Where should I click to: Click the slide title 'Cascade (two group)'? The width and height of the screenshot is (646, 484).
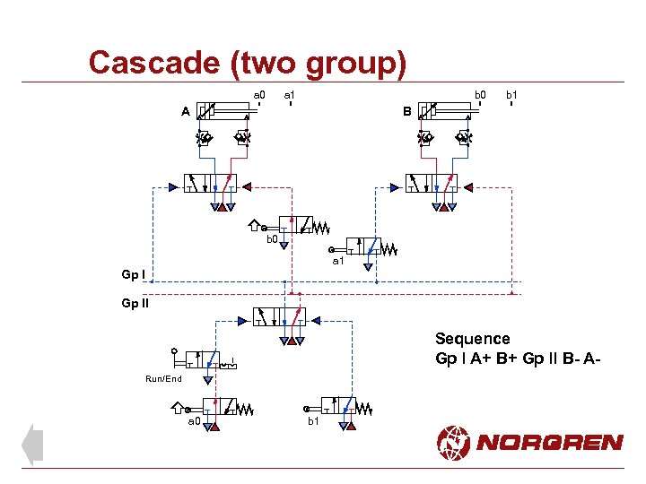tap(248, 63)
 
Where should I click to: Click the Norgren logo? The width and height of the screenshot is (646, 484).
tap(529, 441)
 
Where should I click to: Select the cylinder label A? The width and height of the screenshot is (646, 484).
tap(185, 112)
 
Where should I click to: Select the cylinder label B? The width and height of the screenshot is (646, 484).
tap(406, 112)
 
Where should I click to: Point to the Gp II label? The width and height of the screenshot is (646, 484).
tap(135, 303)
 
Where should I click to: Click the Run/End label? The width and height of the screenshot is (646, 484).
tap(163, 379)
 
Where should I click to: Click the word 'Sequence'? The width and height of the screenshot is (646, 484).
tap(472, 339)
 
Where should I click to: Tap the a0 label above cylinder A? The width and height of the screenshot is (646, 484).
tap(259, 93)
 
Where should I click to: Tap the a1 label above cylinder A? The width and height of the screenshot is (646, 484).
tap(290, 93)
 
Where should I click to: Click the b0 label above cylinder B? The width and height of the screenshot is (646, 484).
tap(480, 93)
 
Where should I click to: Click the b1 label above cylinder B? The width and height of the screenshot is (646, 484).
tap(511, 93)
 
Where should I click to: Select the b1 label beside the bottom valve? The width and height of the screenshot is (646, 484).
tap(313, 420)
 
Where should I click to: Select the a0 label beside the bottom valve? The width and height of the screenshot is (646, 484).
tap(193, 420)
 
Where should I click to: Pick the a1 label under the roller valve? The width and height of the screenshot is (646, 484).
tap(338, 262)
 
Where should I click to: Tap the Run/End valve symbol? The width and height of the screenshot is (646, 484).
tap(208, 359)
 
